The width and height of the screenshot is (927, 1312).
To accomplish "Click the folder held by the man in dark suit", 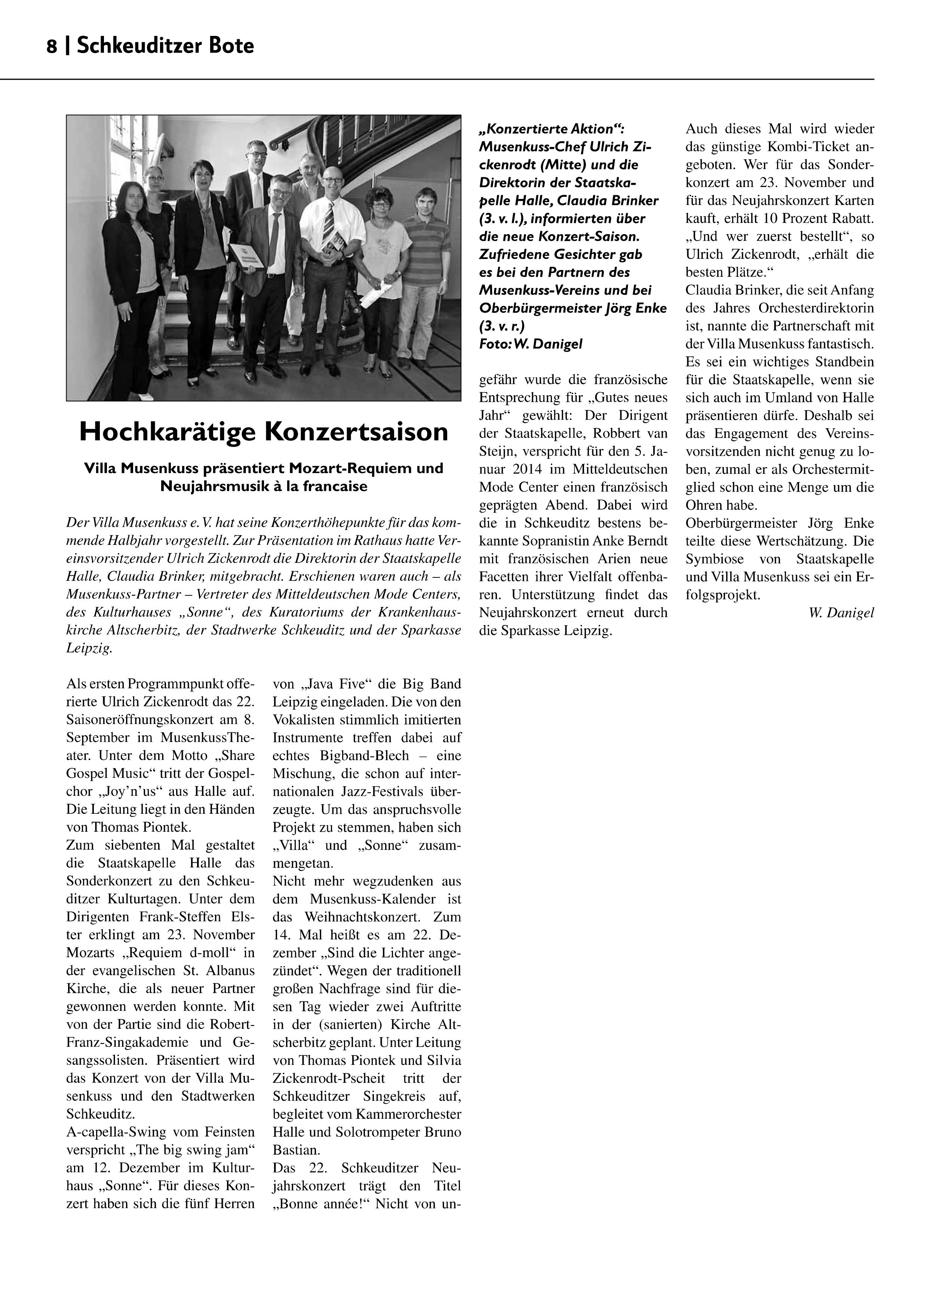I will coord(247,255).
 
